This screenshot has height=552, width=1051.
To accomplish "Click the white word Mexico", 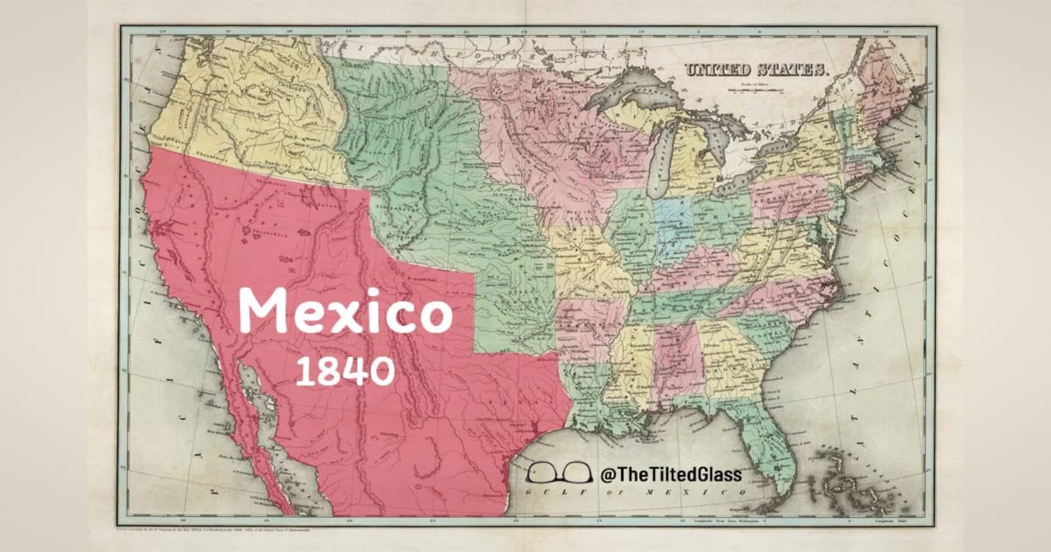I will click(345, 311).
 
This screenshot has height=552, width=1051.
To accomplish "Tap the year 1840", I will click(344, 371).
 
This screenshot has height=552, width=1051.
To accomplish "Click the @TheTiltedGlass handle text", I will click(671, 474).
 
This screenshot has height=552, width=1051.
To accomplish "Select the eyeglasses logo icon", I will click(558, 472).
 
